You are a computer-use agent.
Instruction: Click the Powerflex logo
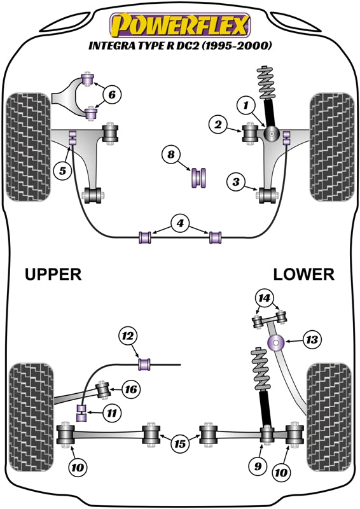[x=180, y=26]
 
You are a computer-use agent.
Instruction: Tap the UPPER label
[x=53, y=274]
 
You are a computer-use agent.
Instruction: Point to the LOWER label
[x=303, y=274]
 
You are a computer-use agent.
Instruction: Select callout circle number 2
[x=218, y=126]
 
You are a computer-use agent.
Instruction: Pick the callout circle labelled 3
[x=235, y=183]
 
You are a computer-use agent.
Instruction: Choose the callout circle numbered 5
[x=62, y=171]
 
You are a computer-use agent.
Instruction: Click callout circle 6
[x=111, y=95]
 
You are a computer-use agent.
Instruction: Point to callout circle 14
[x=263, y=297]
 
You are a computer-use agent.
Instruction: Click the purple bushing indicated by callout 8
[x=200, y=178]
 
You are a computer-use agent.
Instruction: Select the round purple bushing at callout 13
[x=277, y=344]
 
